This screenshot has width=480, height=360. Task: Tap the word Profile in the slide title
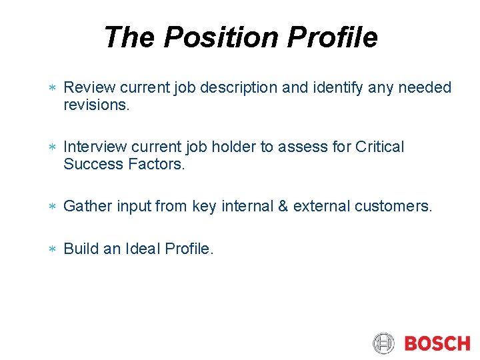[x=333, y=38]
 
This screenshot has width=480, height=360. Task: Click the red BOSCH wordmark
[x=437, y=344]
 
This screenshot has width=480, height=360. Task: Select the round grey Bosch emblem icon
[x=384, y=344]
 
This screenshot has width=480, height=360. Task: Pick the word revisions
[x=95, y=105]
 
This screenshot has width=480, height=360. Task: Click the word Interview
[x=95, y=147]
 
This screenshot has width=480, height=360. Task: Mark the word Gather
[x=87, y=207]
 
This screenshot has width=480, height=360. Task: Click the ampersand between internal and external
[x=283, y=207]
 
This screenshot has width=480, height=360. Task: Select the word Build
[x=80, y=249]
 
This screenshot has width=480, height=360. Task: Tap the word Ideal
[x=143, y=249]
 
